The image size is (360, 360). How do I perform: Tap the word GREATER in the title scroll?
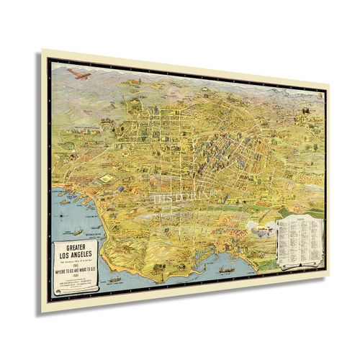coord(76,248)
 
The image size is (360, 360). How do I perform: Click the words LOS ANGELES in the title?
coord(76,256)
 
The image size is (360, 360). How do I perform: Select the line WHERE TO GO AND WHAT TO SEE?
coord(76,270)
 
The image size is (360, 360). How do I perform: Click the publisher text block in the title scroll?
coord(76,283)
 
